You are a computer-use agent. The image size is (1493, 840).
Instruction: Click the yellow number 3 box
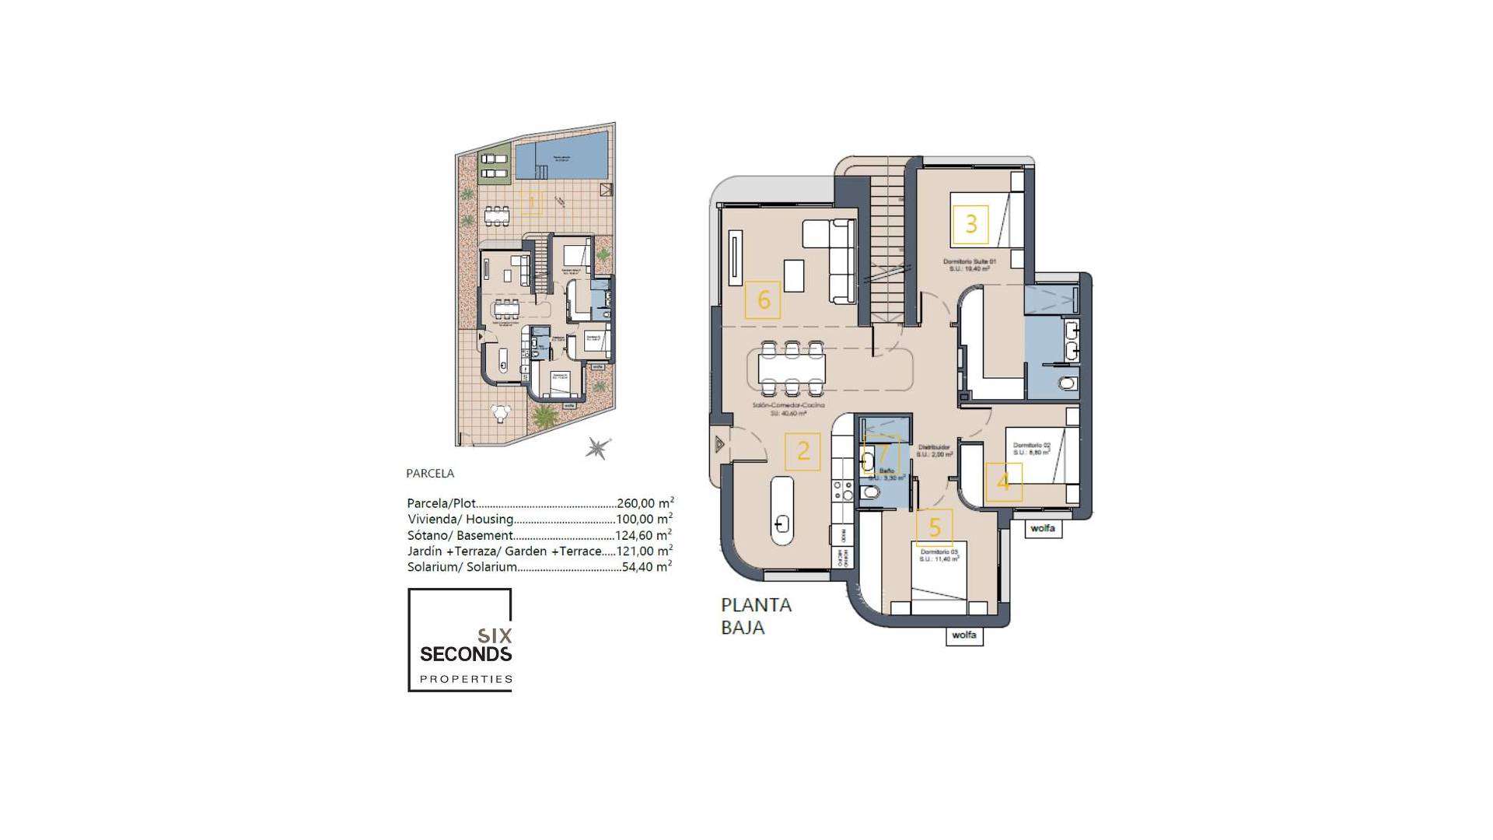[x=970, y=225]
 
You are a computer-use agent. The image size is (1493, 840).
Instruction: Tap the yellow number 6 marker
[x=763, y=299]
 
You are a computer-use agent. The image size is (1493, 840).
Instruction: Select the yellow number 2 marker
[x=802, y=450]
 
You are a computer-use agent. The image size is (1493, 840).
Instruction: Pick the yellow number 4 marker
[x=1003, y=481]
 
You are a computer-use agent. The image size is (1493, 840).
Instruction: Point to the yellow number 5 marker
[x=935, y=527]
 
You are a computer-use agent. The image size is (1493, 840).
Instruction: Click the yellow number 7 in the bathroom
[x=882, y=454]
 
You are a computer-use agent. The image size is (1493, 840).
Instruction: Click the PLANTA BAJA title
[x=756, y=616]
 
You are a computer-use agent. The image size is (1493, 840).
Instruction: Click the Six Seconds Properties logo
[x=460, y=640]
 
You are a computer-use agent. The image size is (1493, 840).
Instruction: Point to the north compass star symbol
[x=597, y=447]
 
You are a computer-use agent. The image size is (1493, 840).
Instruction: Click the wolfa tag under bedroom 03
[x=963, y=635]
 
